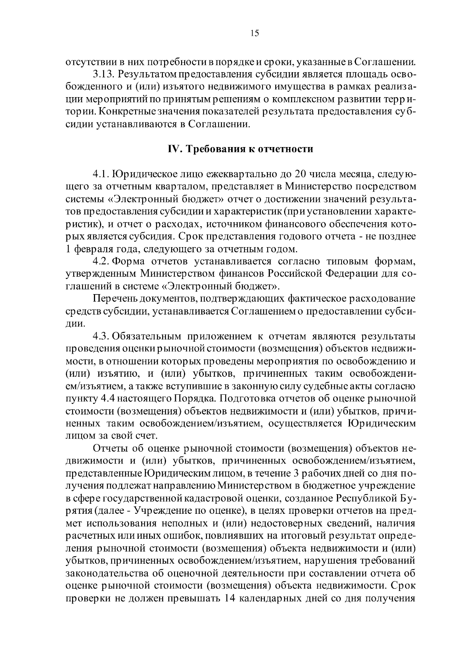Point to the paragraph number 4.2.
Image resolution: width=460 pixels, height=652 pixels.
pyautogui.click(x=102, y=262)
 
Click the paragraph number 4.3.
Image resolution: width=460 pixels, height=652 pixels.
pyautogui.click(x=102, y=336)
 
